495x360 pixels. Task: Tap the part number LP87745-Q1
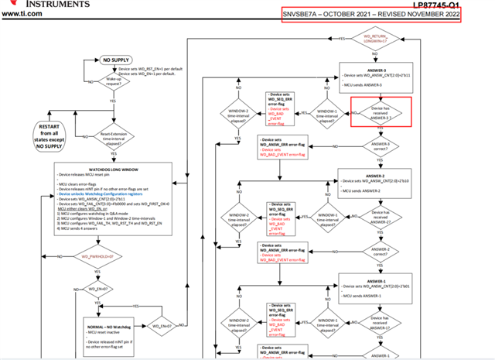pyautogui.click(x=465, y=4)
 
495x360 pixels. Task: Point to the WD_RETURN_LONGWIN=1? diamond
pyautogui.click(x=376, y=38)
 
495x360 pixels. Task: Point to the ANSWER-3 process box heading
pyautogui.click(x=377, y=71)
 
